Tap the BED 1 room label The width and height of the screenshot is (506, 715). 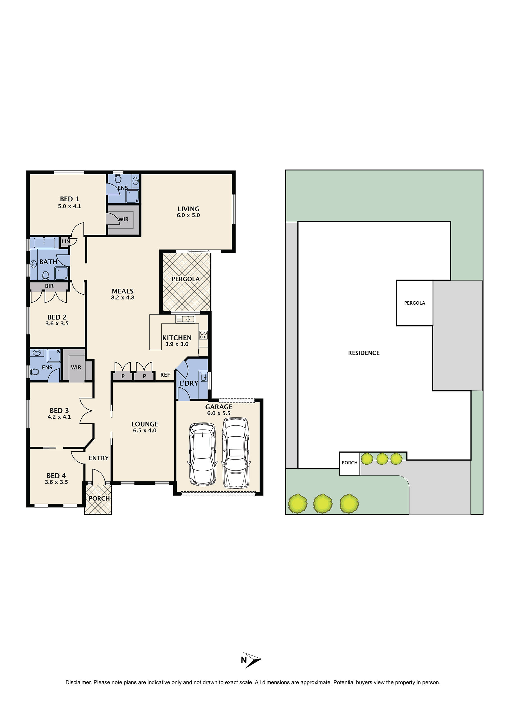coord(69,199)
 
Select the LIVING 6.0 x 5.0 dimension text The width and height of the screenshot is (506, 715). coord(188,215)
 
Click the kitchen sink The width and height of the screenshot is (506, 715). coord(185,319)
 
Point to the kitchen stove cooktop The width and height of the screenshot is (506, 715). coord(203,335)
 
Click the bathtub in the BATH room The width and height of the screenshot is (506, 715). coord(44,243)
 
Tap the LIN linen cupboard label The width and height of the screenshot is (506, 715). coord(65,241)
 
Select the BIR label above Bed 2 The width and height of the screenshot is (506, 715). coord(49,286)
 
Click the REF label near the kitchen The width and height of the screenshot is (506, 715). coord(165,375)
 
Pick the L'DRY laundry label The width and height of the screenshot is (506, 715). coord(189,383)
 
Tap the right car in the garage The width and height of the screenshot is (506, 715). coord(235,452)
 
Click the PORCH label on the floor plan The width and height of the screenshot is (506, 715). coord(99,499)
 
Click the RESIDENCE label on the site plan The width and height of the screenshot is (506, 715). coord(363,353)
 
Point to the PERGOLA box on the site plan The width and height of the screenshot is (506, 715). coord(414,303)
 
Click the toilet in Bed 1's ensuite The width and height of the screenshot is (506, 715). coord(118,178)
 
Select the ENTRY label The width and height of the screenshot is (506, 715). coord(98,458)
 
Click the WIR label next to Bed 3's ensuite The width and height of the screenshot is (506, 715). coord(76,367)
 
